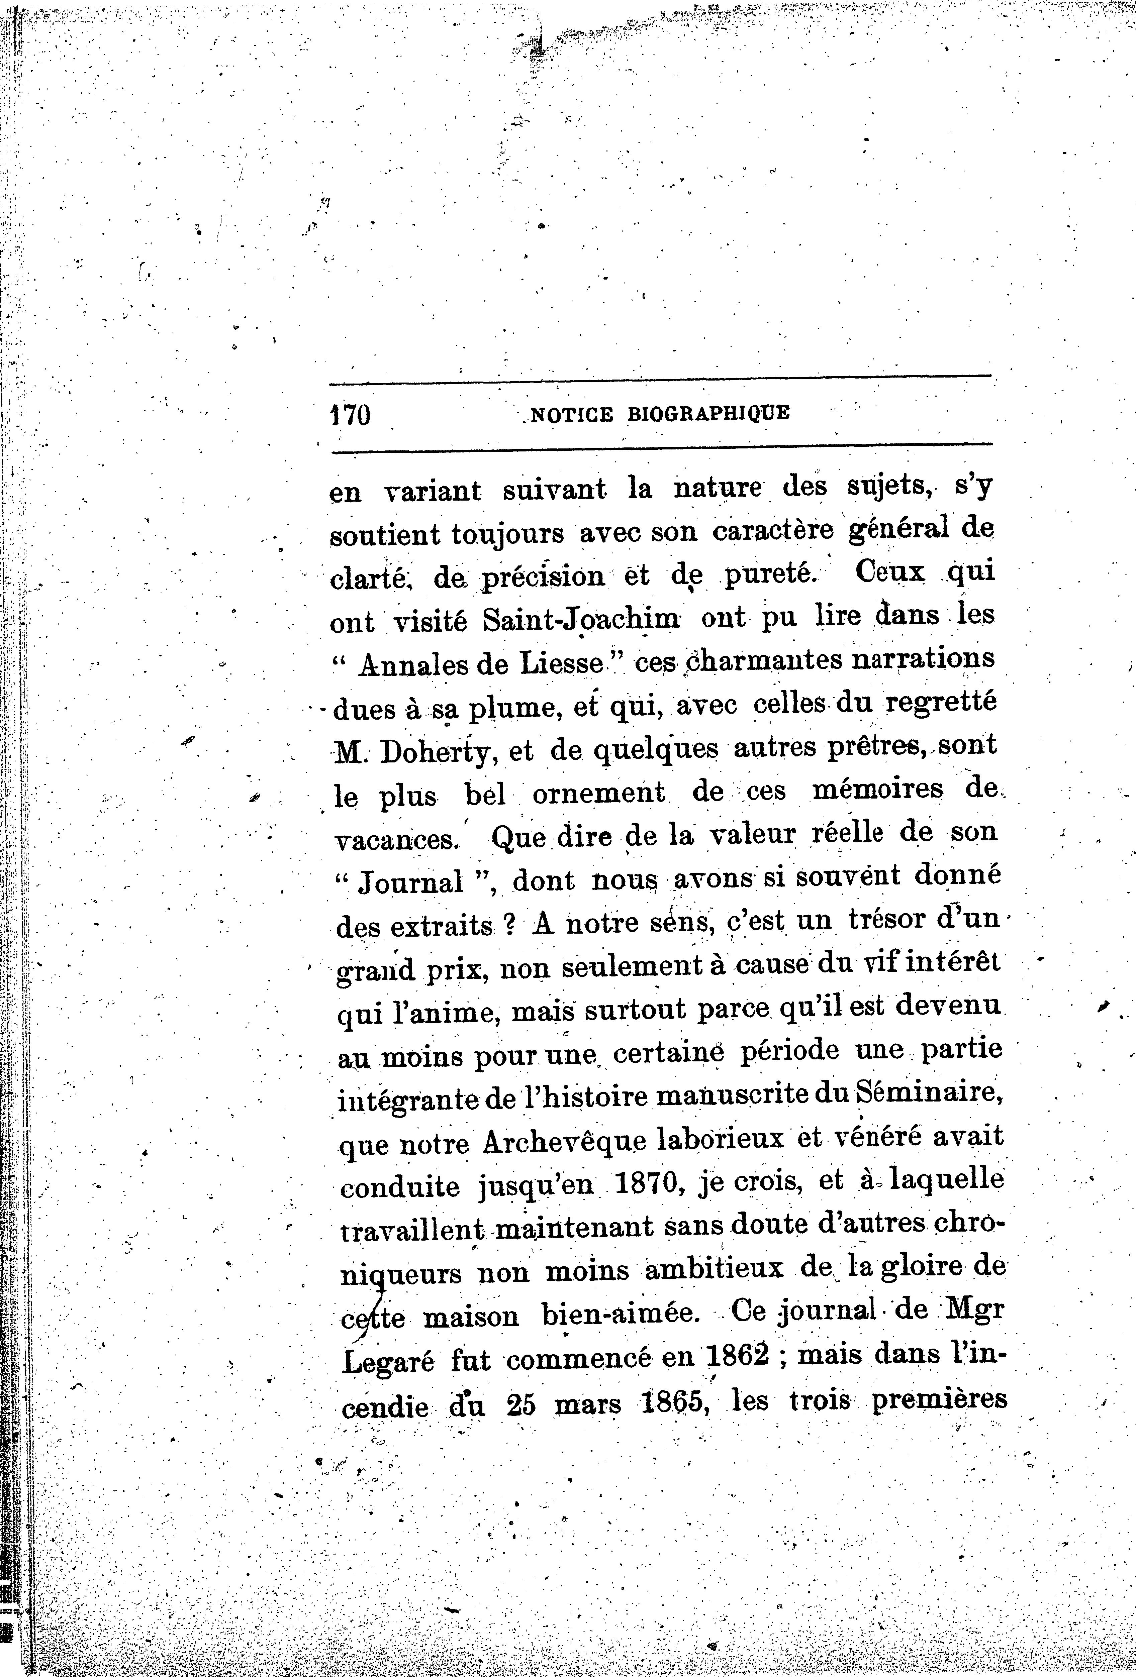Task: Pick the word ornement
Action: [x=598, y=793]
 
